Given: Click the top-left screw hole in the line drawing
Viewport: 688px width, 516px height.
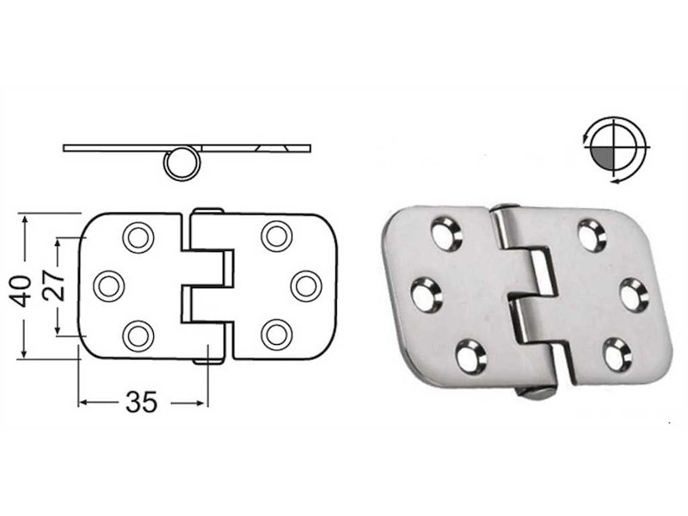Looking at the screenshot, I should [138, 236].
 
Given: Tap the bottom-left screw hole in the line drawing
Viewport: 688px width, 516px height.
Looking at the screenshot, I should [138, 334].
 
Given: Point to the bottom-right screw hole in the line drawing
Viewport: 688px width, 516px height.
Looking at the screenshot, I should [276, 334].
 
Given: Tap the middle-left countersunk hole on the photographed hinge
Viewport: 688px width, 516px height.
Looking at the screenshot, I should [426, 295].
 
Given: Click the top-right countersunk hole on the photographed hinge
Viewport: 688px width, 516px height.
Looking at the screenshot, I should [592, 235].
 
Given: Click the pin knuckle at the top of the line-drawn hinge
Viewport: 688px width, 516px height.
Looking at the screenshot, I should [206, 212].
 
